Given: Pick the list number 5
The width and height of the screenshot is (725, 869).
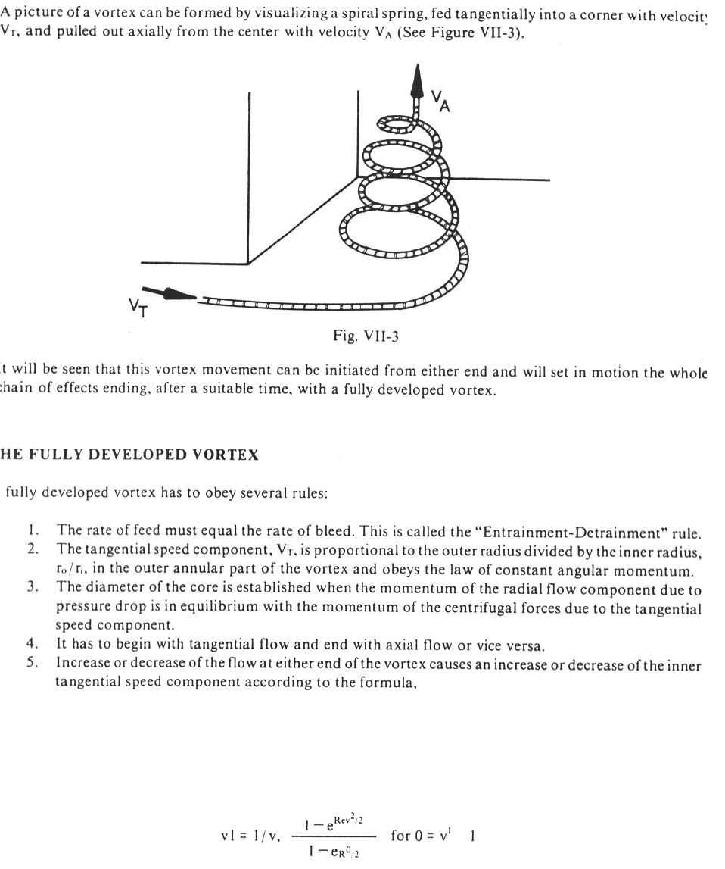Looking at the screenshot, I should tap(33, 661).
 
